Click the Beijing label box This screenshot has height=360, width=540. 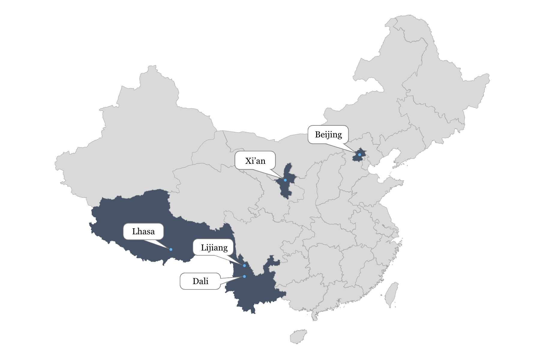(328, 135)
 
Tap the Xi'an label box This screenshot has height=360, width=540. (255, 161)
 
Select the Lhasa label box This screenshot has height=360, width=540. (143, 232)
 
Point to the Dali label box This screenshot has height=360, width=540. (200, 281)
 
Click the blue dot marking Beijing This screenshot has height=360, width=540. (359, 155)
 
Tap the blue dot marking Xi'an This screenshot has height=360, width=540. (285, 180)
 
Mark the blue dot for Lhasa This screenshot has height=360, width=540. (171, 250)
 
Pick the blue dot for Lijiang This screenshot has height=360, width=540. (244, 266)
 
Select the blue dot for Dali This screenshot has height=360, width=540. (244, 277)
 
